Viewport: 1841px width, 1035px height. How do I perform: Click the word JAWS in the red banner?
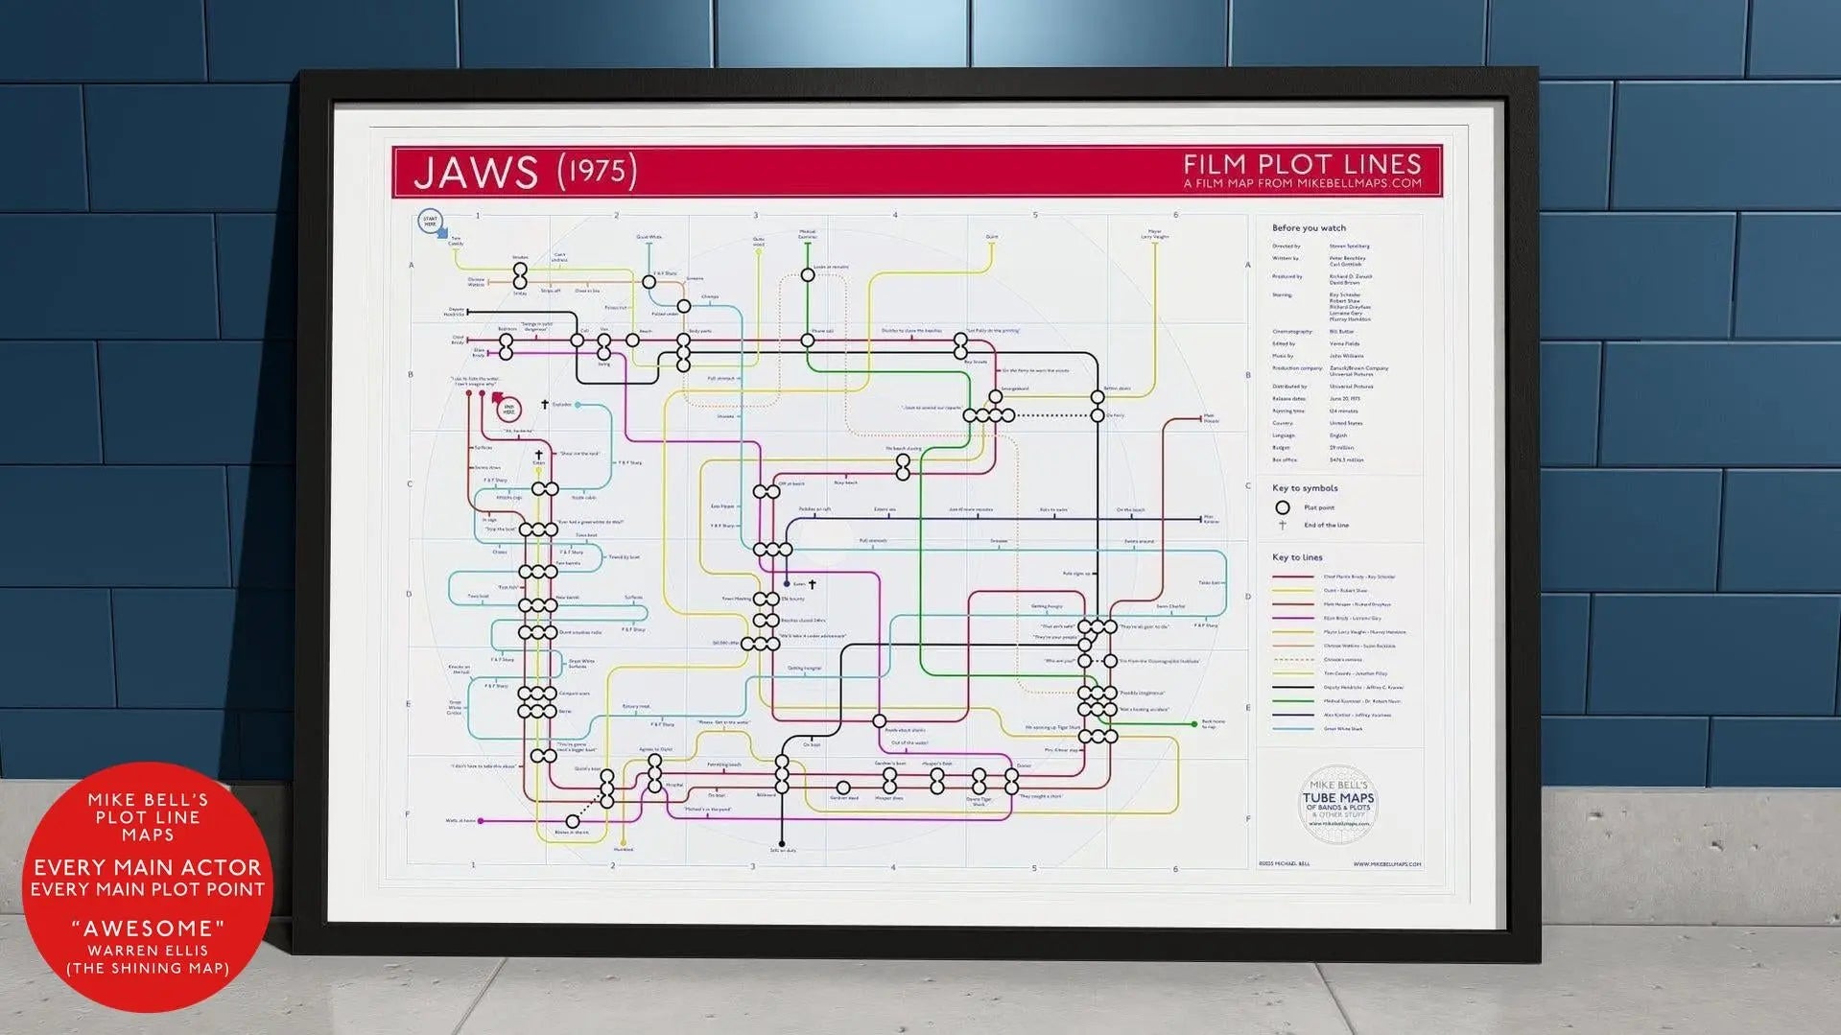click(475, 172)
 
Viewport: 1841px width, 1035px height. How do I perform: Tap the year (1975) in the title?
click(597, 171)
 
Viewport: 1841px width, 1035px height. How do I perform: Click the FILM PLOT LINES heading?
click(1301, 164)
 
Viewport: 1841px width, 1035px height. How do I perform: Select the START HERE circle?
click(430, 222)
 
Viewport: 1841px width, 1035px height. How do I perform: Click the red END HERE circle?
click(509, 410)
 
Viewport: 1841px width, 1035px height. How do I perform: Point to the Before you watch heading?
click(1308, 228)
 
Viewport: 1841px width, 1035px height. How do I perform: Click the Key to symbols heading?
click(1304, 488)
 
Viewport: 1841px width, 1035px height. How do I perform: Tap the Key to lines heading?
click(1296, 557)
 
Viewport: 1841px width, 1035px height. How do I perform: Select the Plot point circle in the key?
click(1282, 507)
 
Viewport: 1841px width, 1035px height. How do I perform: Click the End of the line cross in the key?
click(1282, 525)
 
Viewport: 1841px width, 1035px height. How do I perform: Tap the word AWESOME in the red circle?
click(148, 928)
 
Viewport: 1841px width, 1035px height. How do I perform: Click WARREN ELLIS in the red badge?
click(148, 951)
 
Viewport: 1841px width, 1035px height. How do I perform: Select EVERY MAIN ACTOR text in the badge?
click(148, 867)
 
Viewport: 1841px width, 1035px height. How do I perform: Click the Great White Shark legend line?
click(1292, 729)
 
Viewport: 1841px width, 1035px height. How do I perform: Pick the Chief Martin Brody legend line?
click(1292, 576)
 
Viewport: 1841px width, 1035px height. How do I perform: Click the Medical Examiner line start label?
click(807, 234)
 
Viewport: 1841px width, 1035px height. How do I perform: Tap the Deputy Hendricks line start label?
click(454, 312)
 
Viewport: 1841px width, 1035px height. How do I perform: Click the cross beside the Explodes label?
click(544, 405)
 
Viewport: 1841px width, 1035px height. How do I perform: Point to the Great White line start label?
click(649, 237)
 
